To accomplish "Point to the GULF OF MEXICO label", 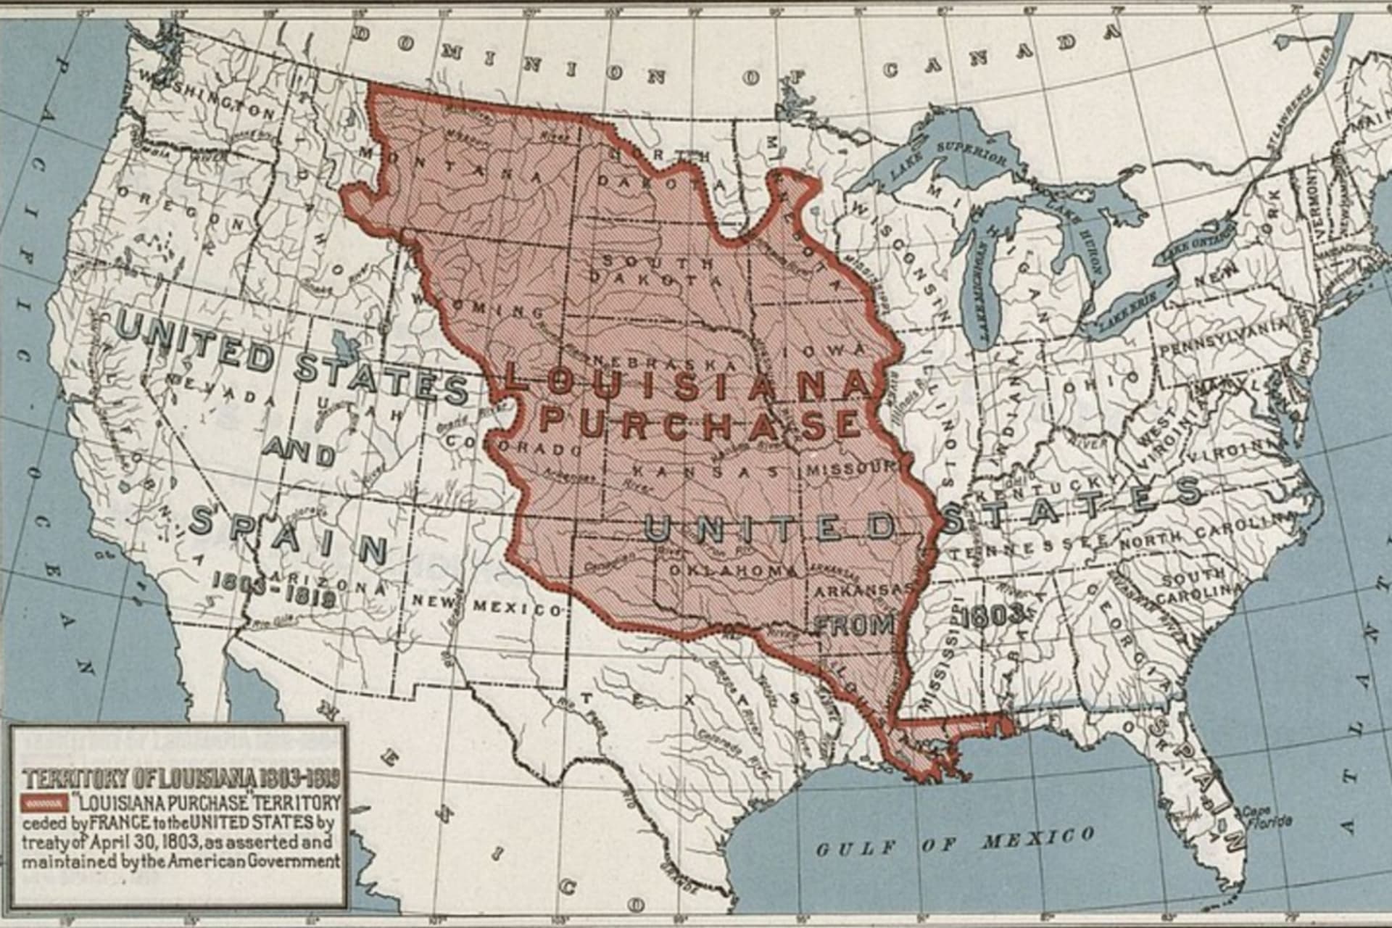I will point(955,842).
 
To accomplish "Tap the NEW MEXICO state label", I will point(487,606).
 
